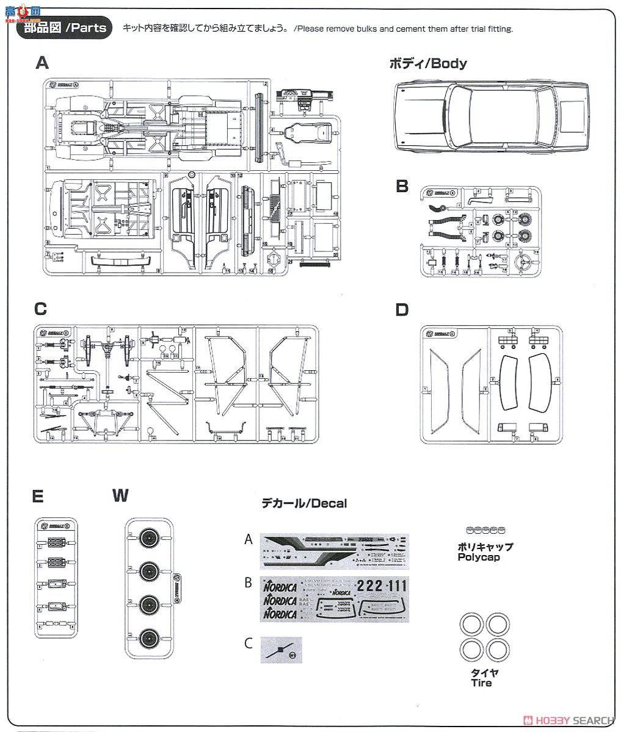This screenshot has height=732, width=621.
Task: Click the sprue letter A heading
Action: pos(42,62)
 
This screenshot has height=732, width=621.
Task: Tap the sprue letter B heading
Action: pos(401,185)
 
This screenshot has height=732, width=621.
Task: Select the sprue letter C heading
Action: pos(40,309)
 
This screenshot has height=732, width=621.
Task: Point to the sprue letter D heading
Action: pos(401,310)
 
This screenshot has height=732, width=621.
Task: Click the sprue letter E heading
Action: pos(38,497)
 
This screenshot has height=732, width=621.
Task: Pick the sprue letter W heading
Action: pos(120,495)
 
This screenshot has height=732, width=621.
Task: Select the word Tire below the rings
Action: pos(481,683)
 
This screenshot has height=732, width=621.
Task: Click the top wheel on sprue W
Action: pos(148,538)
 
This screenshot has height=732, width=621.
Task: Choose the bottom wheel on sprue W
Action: pos(148,639)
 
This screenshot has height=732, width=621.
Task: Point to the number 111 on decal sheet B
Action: pos(396,586)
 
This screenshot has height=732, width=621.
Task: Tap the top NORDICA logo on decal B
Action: pos(280,587)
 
